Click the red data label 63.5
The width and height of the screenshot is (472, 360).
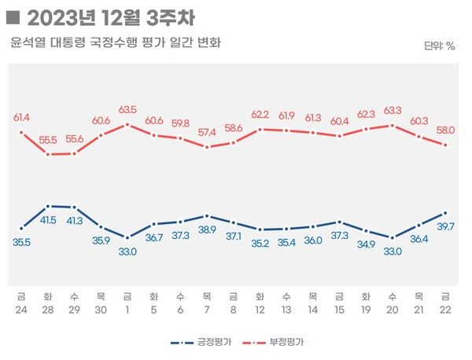[x=128, y=109]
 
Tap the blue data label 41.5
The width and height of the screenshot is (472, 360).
[x=48, y=219]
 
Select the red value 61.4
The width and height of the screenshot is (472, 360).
[x=22, y=117]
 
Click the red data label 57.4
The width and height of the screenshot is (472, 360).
[x=207, y=132]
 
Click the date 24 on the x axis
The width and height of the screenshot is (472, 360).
[x=22, y=309]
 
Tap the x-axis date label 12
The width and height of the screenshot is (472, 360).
[x=260, y=309]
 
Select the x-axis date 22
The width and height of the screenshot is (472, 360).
[x=445, y=309]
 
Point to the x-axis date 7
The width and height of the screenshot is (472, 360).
[x=207, y=309]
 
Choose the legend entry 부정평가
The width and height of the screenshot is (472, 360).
[x=287, y=343]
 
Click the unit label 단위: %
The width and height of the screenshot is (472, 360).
[x=439, y=46]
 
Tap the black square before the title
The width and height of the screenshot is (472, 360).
[x=12, y=16]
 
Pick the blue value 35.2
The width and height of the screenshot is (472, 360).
[x=260, y=242]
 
